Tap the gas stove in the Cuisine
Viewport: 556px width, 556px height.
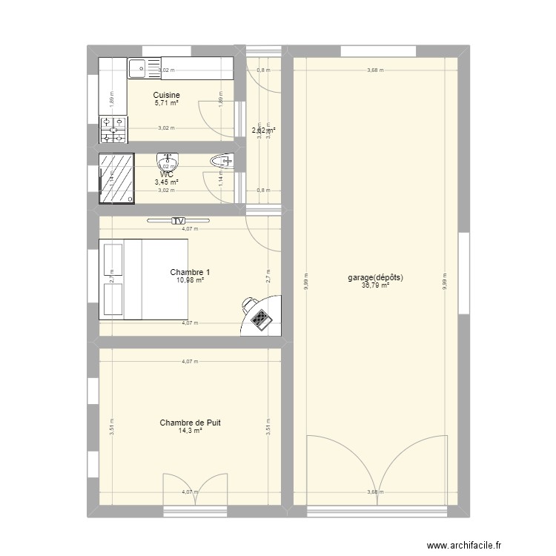click(113, 129)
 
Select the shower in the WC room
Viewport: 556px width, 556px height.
click(117, 178)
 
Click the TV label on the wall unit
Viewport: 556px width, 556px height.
click(178, 220)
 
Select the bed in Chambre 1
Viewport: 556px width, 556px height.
click(143, 279)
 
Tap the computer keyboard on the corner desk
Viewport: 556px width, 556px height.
click(261, 319)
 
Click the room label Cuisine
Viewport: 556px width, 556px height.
click(167, 95)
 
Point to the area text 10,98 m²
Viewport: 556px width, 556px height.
click(190, 279)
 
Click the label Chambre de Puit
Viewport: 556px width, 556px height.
click(190, 423)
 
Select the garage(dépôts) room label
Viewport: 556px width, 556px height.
click(375, 278)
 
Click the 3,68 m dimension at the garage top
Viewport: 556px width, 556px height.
click(375, 70)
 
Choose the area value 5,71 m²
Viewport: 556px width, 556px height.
click(167, 103)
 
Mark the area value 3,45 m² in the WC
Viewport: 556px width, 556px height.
click(167, 182)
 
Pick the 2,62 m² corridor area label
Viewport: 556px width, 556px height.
click(263, 130)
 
